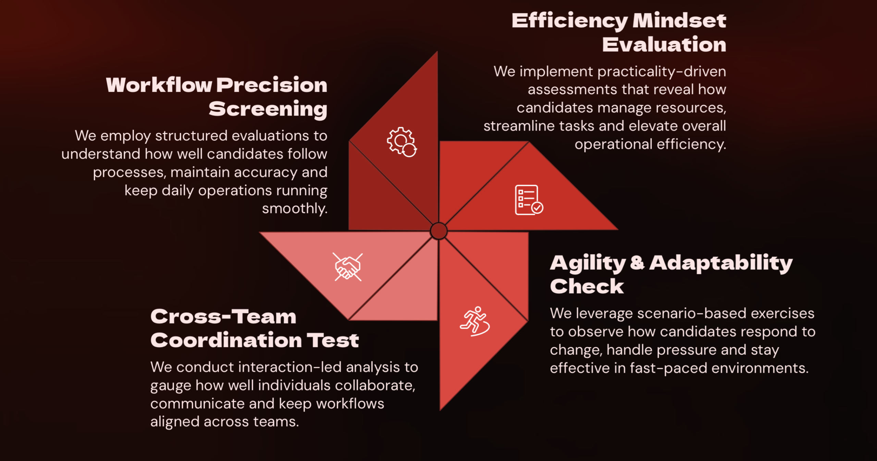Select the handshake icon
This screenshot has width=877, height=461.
[x=348, y=267]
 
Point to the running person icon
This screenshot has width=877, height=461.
[x=475, y=322]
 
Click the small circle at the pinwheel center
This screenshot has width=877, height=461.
[x=438, y=231]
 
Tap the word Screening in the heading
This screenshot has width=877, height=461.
[x=268, y=109]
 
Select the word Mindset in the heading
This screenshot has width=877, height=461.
[x=679, y=21]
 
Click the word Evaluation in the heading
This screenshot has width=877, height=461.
[x=664, y=45]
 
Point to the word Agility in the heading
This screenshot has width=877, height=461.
[x=588, y=263]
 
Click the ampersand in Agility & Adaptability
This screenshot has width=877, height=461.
[x=637, y=263]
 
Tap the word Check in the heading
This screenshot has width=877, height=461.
[x=587, y=286]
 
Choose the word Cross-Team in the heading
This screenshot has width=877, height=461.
[x=223, y=316]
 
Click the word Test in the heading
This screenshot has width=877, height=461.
[x=333, y=340]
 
